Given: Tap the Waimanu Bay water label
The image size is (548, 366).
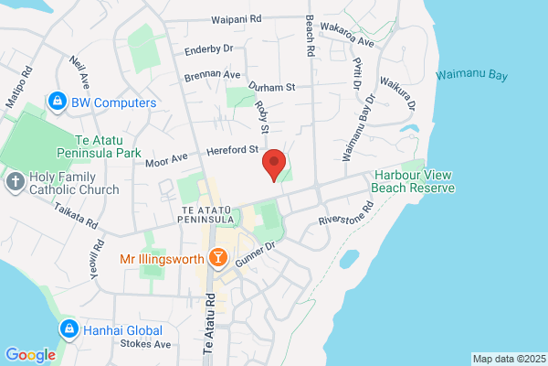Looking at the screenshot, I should coord(471,74).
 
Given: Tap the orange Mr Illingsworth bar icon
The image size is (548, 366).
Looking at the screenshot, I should coord(217,259).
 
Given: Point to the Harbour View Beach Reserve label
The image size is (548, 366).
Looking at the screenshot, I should coord(413,181).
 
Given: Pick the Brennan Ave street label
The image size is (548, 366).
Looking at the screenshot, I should coord(212,75).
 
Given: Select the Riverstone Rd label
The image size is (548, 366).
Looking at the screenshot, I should coord(346,221).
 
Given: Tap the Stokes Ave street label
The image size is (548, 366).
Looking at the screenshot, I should coord(146,345).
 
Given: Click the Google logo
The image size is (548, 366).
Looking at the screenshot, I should coord(30,354).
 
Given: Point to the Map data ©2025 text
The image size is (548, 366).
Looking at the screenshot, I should coord(508,358).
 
